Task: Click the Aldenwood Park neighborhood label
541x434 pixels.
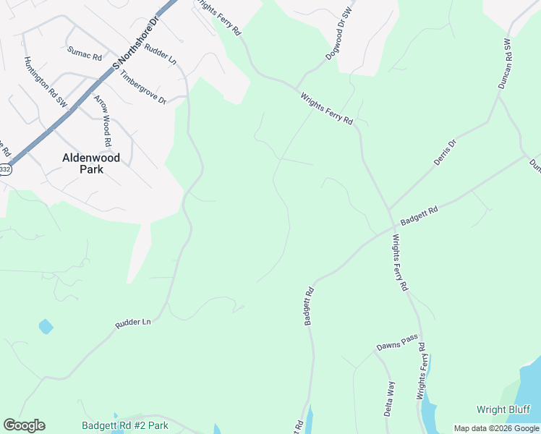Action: [x=91, y=163]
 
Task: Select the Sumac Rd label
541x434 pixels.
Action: [x=85, y=53]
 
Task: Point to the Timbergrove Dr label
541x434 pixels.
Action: [x=143, y=86]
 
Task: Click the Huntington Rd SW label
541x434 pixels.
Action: [x=46, y=83]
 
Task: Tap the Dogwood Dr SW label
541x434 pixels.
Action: [x=338, y=34]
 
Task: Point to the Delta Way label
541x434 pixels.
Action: [x=388, y=398]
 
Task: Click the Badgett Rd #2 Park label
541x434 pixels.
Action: [x=125, y=425]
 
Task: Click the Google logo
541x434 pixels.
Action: [x=24, y=425]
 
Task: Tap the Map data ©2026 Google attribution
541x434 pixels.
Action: [x=497, y=428]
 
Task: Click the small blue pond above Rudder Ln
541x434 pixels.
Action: [x=46, y=326]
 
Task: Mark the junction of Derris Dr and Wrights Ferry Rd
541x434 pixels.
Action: [x=390, y=210]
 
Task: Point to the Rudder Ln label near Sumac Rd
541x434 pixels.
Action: [x=161, y=54]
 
